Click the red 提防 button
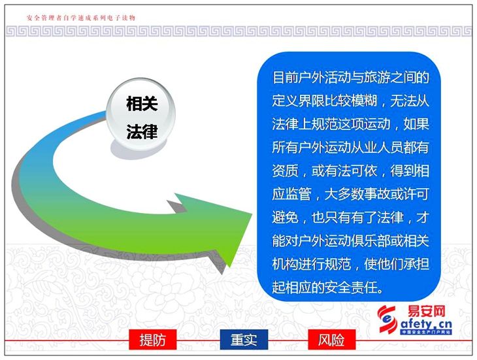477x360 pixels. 152,339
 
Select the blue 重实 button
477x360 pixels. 244,339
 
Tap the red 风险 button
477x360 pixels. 331,339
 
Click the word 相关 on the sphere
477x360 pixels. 142,104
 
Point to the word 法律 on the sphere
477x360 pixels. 142,132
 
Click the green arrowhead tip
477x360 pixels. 252,214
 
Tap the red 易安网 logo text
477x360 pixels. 427,312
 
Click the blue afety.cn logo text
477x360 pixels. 426,324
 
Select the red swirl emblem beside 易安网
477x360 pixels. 387,319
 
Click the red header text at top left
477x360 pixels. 81,18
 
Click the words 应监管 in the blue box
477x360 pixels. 291,194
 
